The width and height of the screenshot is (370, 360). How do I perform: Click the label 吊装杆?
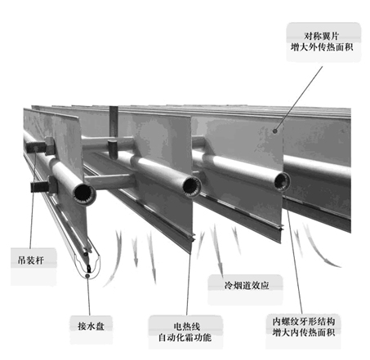coord(30,260)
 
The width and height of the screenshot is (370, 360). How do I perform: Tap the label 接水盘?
coord(91,326)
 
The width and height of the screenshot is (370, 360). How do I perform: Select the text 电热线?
coord(186,327)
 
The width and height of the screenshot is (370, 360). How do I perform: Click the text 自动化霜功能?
coord(185,338)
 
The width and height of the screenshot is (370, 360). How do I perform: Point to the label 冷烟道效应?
coord(247,285)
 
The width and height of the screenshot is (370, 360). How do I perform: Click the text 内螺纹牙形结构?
coord(303,322)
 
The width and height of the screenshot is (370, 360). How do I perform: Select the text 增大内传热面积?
coord(303,332)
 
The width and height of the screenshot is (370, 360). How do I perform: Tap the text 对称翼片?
coord(322,36)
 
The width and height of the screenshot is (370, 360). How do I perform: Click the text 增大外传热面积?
coord(322,47)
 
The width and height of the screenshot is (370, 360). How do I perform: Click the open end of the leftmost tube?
coord(84,193)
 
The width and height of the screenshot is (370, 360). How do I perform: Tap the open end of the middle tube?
coord(192,186)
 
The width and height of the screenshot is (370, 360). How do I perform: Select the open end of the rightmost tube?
coord(282,181)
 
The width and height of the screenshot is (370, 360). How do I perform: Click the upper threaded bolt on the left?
coord(35,147)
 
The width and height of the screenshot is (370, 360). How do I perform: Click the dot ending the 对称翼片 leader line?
coord(275,131)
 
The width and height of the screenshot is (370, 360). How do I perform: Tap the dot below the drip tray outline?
coord(87,276)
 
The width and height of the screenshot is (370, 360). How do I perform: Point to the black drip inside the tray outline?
coord(89,268)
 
